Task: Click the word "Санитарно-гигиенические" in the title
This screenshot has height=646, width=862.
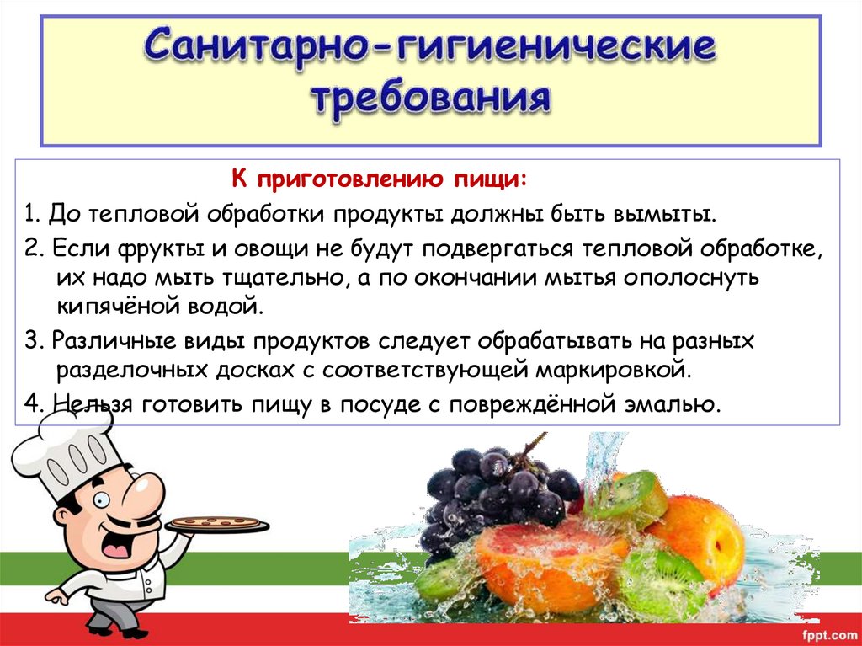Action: tap(430, 49)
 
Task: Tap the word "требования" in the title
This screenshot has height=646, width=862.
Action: tap(430, 99)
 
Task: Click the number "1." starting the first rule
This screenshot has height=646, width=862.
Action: tap(33, 212)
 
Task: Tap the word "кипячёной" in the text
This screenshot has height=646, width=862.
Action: tap(109, 306)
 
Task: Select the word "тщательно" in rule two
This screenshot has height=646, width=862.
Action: tap(274, 277)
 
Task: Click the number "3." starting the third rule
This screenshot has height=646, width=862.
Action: tap(34, 342)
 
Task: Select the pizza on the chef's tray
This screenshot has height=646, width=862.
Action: tap(217, 522)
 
